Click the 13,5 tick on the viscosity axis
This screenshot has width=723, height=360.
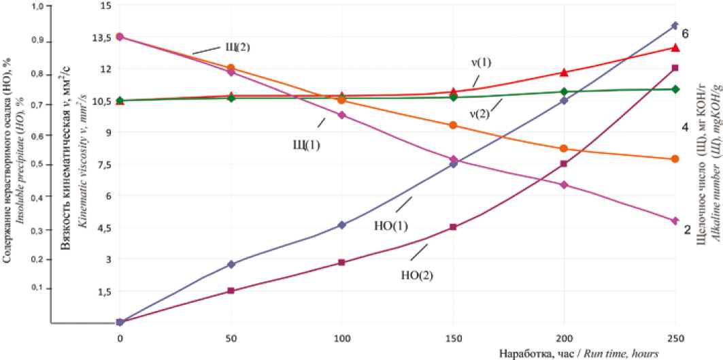click(99, 37)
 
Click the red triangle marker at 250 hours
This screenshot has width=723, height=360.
click(675, 48)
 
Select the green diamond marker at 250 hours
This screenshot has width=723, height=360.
click(675, 89)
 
